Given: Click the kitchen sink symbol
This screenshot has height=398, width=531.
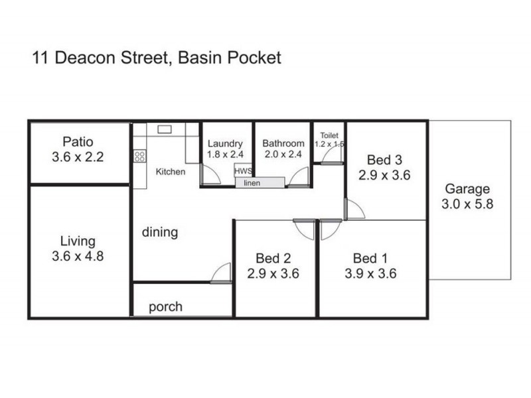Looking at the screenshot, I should pos(165,129).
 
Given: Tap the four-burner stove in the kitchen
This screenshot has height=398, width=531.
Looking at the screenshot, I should pos(140,157).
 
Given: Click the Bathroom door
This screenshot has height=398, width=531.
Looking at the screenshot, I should pos(299,177).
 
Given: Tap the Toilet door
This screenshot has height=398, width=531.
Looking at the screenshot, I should pos(331,154).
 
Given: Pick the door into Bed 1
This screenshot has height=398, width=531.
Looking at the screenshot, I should pos(330,230).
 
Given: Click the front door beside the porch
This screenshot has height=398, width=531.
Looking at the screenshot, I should pos(221,273).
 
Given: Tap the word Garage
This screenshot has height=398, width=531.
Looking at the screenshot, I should pos(467,189).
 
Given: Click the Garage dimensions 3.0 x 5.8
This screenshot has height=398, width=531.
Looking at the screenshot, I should pos(467,204).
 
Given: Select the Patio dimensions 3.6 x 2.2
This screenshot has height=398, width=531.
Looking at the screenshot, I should pos(78,157).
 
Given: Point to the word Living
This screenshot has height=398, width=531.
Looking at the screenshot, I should pos(78,241).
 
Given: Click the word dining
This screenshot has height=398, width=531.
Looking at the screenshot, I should pos(160,232).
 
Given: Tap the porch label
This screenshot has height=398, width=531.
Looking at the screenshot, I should pos(165,307).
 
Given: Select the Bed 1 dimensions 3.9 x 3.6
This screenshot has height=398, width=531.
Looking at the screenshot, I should pos(375,273).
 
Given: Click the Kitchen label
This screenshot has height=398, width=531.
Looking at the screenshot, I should pos(171,172).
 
